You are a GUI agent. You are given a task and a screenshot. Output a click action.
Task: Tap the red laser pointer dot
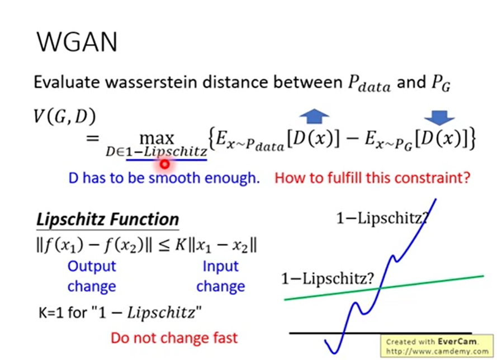(x=164, y=164)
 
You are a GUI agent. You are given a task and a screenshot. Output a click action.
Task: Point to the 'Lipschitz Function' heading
(x=107, y=219)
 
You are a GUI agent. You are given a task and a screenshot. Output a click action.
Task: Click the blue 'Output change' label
(x=92, y=276)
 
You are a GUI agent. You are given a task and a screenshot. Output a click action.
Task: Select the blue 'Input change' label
(x=220, y=276)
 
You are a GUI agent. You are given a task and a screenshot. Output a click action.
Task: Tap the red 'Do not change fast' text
(x=174, y=338)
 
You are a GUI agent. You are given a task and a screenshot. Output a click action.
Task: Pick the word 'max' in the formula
(x=157, y=137)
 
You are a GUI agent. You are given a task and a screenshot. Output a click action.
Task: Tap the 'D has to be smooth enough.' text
(x=164, y=179)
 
